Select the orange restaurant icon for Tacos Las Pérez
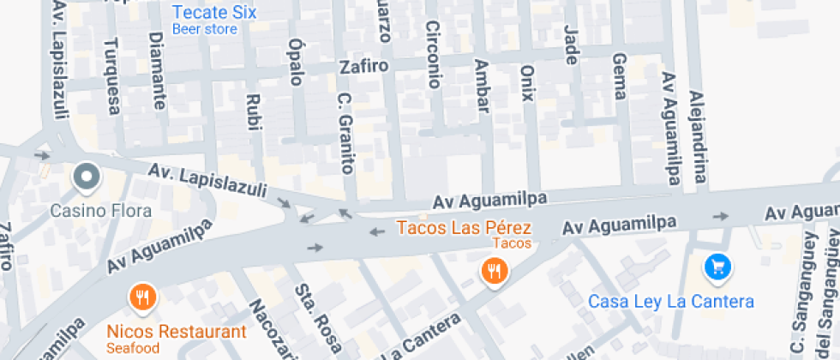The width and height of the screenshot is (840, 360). click(495, 272)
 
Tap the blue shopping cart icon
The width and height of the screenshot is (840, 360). click(717, 267)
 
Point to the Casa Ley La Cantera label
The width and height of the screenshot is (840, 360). click(670, 301)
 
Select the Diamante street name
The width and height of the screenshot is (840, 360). click(158, 71)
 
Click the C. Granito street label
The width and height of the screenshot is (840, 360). click(345, 133)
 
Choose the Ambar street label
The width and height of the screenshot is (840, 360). click(481, 86)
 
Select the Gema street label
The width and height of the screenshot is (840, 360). click(619, 76)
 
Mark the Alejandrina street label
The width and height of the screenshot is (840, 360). click(699, 136)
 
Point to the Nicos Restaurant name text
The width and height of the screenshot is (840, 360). click(177, 332)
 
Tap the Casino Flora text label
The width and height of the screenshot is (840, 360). click(100, 210)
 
